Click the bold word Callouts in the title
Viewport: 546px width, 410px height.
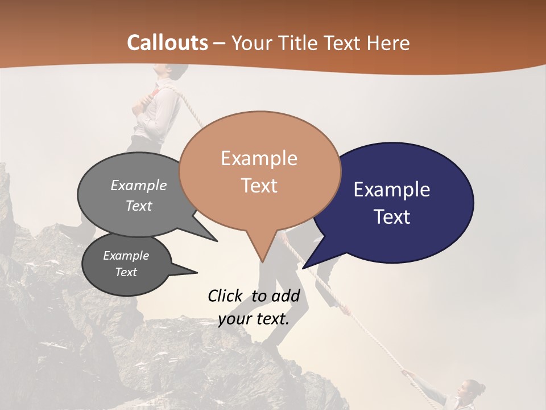point(167,43)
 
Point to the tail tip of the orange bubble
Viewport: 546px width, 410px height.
point(262,261)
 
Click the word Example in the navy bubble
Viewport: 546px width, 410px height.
point(392,190)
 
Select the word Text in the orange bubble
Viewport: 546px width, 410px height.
point(259,186)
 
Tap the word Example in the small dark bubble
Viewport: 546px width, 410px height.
point(126,256)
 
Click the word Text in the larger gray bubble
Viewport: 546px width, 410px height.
point(139,206)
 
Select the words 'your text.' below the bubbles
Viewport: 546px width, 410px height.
point(254,319)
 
